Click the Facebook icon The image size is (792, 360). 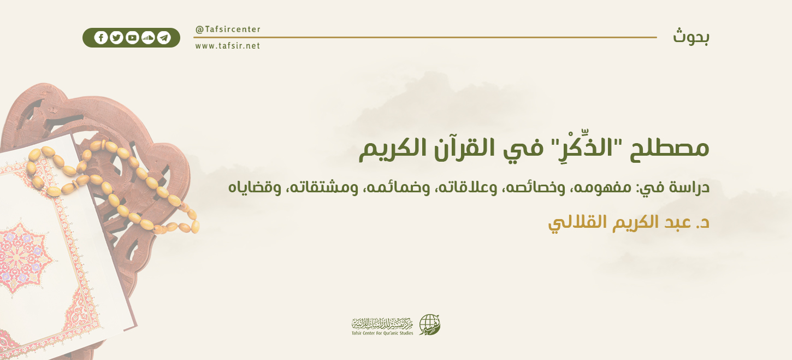101,38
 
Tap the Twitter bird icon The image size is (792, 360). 116,38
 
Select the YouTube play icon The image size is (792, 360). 132,38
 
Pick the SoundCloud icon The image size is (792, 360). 147,38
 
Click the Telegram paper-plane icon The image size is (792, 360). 163,38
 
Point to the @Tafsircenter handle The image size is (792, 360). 228,29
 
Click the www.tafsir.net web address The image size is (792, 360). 228,46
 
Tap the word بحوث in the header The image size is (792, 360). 691,37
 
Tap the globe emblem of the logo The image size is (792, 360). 429,324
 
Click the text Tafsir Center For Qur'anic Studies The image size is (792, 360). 382,333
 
